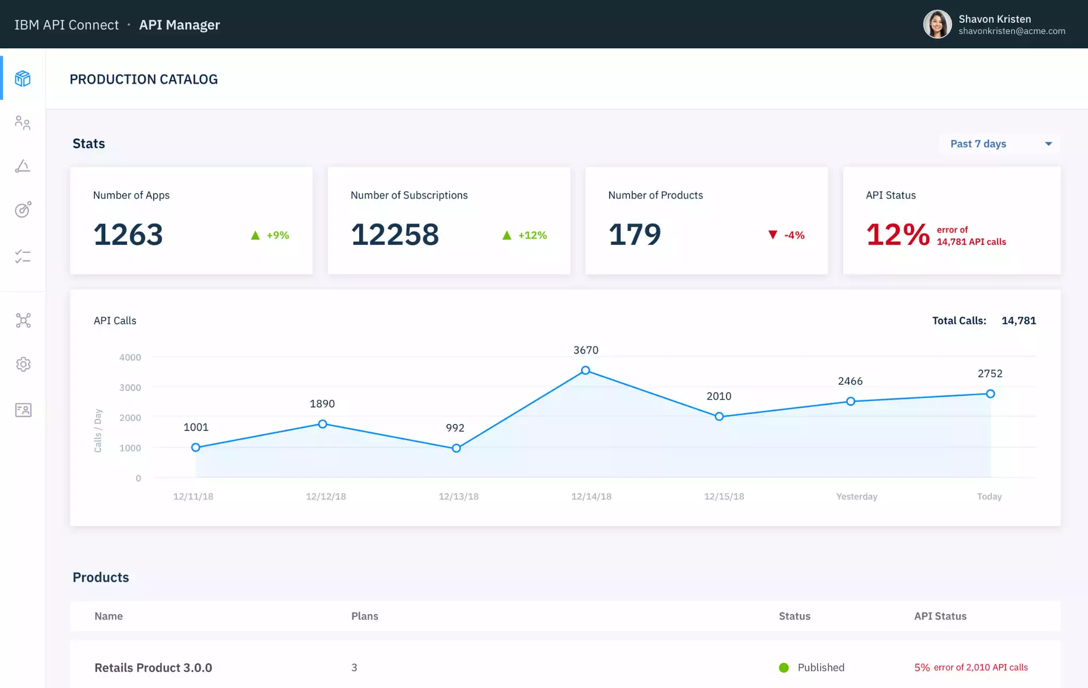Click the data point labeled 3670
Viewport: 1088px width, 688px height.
585,370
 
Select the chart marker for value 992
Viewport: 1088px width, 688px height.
456,448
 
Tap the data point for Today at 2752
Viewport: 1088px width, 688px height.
990,394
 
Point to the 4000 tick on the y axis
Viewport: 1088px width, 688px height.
130,358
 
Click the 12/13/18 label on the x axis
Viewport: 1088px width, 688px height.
458,496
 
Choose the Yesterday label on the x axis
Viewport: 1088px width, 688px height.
856,496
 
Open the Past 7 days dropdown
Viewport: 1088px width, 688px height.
1000,144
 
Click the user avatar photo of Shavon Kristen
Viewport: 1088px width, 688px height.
937,24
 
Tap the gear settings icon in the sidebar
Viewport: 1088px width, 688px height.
23,364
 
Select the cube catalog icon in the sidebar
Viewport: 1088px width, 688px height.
23,79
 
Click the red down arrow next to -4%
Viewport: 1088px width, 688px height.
773,235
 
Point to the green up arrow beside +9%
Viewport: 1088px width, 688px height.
256,235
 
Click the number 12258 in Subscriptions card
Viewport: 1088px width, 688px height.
395,234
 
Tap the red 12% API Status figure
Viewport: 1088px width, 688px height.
898,234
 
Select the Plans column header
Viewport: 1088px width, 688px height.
364,616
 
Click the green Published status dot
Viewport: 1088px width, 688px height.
784,668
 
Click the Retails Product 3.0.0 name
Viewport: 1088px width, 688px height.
153,668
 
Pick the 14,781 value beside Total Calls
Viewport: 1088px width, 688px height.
1018,320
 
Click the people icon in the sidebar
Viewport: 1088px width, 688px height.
23,123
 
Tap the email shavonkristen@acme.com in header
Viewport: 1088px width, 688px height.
1011,31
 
